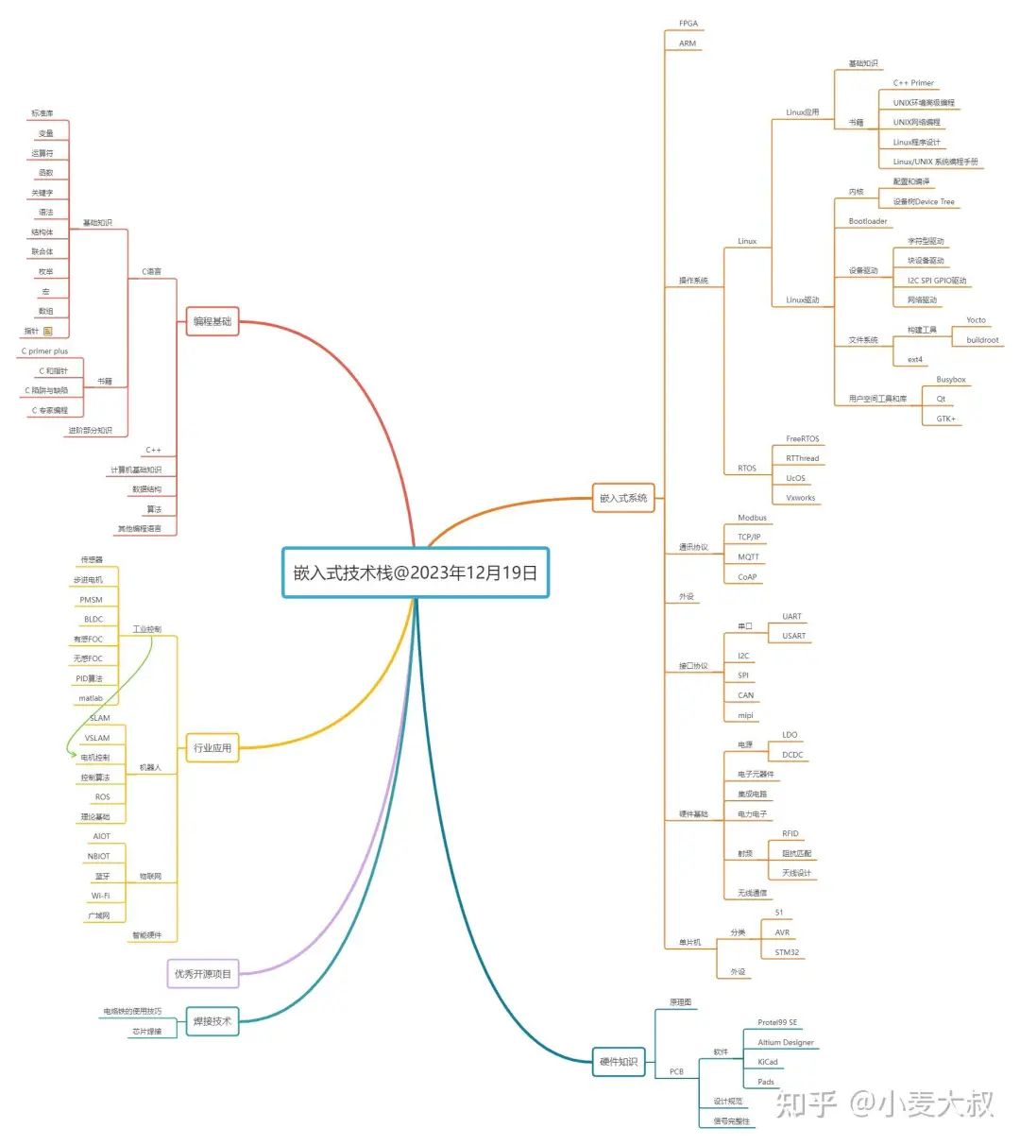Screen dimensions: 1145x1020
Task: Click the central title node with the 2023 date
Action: pyautogui.click(x=416, y=572)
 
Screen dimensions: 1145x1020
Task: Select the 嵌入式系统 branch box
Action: pyautogui.click(x=623, y=498)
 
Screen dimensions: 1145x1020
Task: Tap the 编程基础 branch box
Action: pyautogui.click(x=212, y=321)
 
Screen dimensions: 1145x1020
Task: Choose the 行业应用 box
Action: pyautogui.click(x=212, y=747)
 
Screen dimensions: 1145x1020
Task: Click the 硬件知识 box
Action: pyautogui.click(x=619, y=1062)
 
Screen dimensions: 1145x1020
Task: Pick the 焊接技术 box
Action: pyautogui.click(x=212, y=1021)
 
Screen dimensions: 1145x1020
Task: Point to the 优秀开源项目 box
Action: pyautogui.click(x=202, y=974)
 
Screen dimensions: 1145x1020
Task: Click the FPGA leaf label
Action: pyautogui.click(x=688, y=24)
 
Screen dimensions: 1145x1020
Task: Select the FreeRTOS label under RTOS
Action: pyautogui.click(x=802, y=439)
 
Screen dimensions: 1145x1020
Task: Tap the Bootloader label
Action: pyautogui.click(x=868, y=221)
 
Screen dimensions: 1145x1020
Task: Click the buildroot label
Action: pyautogui.click(x=982, y=340)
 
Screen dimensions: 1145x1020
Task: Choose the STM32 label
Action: pyautogui.click(x=787, y=952)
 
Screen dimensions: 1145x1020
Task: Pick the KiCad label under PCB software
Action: pyautogui.click(x=768, y=1062)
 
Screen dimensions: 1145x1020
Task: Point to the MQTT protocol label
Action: pyautogui.click(x=749, y=557)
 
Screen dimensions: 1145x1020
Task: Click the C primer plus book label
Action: pyautogui.click(x=44, y=351)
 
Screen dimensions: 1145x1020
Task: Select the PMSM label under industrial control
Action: pyautogui.click(x=91, y=600)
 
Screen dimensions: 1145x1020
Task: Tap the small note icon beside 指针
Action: pyautogui.click(x=48, y=332)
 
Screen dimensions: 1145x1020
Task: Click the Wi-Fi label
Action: pyautogui.click(x=100, y=896)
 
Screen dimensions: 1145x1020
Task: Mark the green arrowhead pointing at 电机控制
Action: pyautogui.click(x=73, y=754)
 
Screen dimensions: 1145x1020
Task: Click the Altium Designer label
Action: pyautogui.click(x=785, y=1042)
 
